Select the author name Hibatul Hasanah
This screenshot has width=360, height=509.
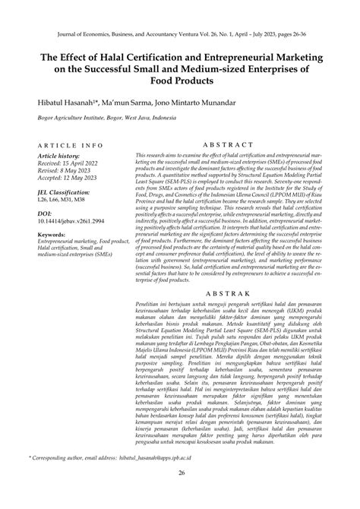pyautogui.click(x=68, y=102)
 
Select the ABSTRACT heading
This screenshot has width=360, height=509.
pyautogui.click(x=238, y=144)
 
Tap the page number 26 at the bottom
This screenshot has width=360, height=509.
pyautogui.click(x=180, y=495)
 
